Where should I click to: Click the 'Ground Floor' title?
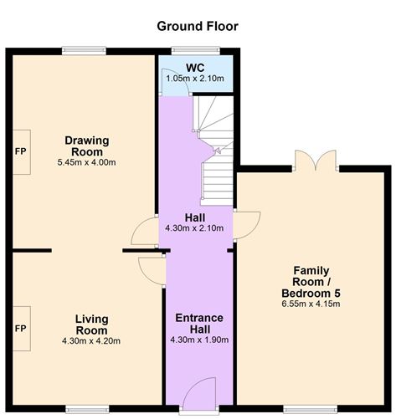[x=198, y=26]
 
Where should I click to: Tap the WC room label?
[x=195, y=67]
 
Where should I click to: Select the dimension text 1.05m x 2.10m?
[x=195, y=79]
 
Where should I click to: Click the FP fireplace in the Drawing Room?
[x=21, y=152]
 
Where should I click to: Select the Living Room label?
[x=91, y=324]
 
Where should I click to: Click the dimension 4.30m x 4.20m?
[x=91, y=341]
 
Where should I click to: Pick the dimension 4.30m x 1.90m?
[x=198, y=340]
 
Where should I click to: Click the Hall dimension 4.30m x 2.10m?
[x=195, y=228]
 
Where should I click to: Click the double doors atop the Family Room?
[x=316, y=161]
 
